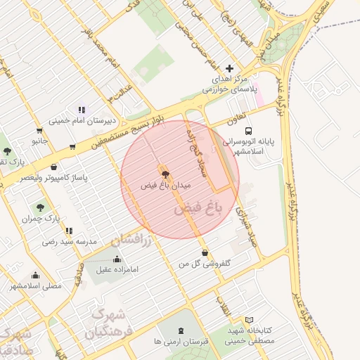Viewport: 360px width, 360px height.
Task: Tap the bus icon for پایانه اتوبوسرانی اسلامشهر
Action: tap(248, 131)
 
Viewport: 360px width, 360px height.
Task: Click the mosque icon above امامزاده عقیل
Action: tap(115, 258)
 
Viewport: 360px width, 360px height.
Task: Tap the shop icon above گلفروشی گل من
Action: tap(205, 252)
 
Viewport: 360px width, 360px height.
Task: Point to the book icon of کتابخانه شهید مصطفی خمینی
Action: tap(249, 320)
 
